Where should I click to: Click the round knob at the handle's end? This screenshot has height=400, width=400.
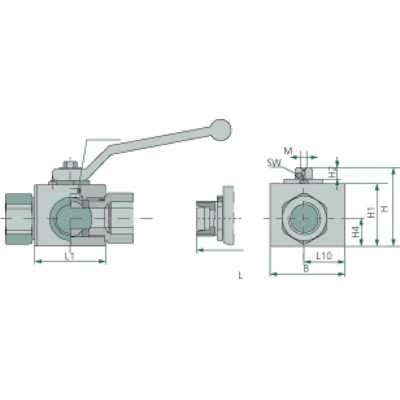[221, 130]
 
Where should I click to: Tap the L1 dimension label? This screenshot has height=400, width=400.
[69, 256]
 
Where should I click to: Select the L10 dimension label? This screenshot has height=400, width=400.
[324, 255]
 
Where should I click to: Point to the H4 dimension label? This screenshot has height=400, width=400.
[356, 232]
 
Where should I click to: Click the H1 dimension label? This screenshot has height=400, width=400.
[371, 212]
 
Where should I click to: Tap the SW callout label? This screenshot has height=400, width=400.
[274, 163]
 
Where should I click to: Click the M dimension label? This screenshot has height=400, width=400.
[288, 151]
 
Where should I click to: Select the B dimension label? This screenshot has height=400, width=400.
[306, 268]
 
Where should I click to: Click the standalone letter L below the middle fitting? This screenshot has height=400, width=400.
[240, 275]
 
